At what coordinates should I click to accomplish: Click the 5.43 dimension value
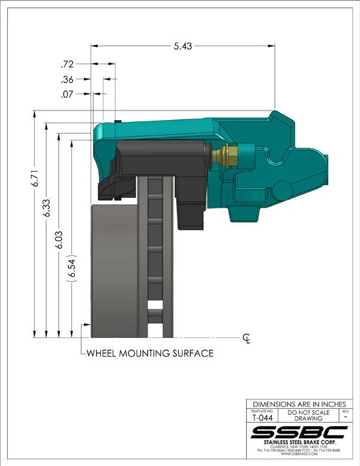tap(182, 47)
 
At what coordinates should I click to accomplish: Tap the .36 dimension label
tap(67, 79)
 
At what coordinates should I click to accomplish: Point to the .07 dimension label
tap(67, 94)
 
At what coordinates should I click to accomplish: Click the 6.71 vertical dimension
tap(35, 178)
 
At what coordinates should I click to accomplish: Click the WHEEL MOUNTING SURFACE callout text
tap(150, 353)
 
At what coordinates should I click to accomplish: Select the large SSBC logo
tap(299, 432)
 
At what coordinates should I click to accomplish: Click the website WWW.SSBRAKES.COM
tap(299, 455)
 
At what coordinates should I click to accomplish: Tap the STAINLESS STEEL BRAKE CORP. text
tap(299, 443)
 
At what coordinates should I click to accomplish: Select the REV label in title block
tap(344, 412)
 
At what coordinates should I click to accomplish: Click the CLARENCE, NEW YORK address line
tap(299, 447)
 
